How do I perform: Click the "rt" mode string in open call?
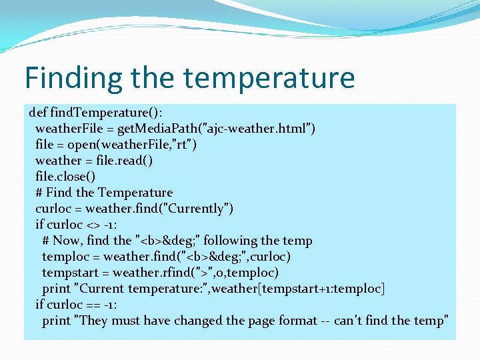click(183, 144)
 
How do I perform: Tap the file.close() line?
click(65, 176)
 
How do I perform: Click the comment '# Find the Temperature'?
click(104, 192)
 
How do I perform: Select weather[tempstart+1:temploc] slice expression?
click(313, 288)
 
